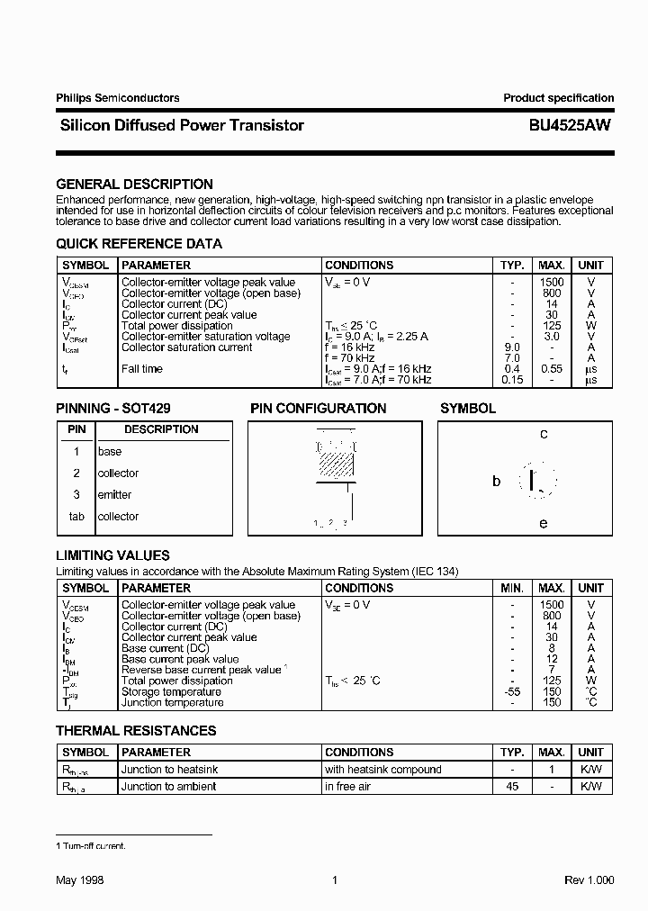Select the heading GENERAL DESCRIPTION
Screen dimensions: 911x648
coord(134,185)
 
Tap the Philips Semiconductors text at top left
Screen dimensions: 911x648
coord(117,98)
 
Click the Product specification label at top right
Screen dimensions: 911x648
coord(558,98)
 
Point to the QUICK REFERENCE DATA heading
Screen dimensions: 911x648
coord(139,244)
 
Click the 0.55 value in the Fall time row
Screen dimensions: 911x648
coord(552,369)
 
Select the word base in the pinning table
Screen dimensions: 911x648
coord(110,452)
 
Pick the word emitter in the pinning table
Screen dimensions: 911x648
coord(114,495)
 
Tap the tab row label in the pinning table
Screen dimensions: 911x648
coord(76,517)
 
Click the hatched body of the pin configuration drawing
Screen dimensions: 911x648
coord(337,465)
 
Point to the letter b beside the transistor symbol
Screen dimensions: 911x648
coord(496,482)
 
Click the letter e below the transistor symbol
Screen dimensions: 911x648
coord(544,523)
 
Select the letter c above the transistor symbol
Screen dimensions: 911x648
coord(544,434)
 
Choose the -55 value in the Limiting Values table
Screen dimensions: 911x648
coord(512,691)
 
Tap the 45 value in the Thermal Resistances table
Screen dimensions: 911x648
coord(512,787)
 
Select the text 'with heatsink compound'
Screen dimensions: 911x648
coord(383,770)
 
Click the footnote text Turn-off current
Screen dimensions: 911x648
coord(94,846)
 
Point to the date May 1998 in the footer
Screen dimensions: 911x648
coord(80,880)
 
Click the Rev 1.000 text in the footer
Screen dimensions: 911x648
coord(589,880)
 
